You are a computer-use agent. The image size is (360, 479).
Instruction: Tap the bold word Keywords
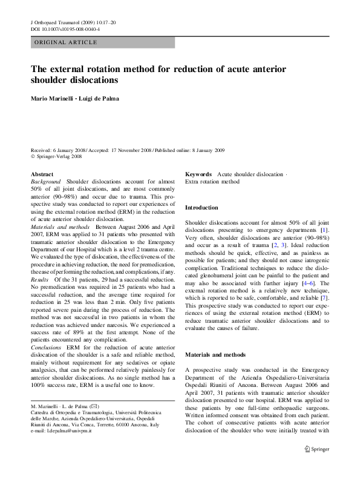198,174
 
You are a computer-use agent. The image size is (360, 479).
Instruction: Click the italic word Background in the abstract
45,182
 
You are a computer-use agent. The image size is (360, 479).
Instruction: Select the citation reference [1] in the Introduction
324,231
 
